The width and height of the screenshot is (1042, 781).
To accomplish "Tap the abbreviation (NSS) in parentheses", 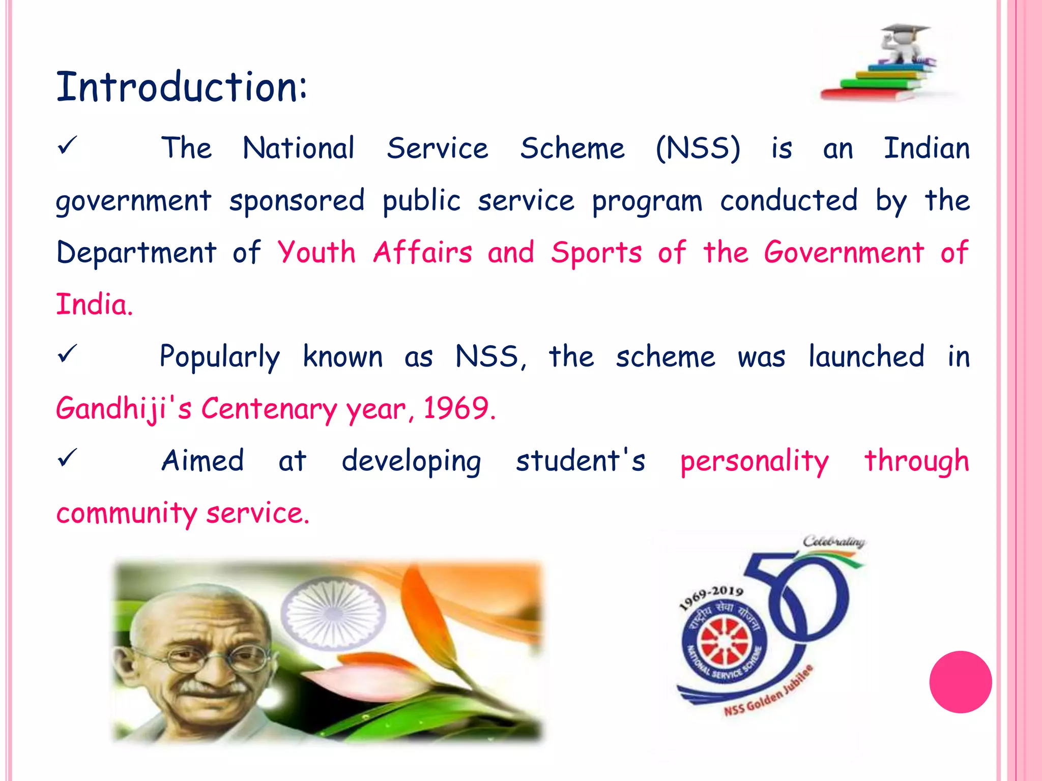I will point(698,148).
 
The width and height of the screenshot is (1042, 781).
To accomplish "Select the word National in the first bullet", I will point(298,148).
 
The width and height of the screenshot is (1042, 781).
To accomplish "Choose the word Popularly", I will point(219,357).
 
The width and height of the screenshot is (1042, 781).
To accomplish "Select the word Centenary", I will point(269,409).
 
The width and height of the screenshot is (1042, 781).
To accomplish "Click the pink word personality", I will point(755,462).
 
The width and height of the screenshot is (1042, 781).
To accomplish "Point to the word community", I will point(127,513).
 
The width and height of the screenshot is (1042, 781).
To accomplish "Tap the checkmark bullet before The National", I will point(67,146).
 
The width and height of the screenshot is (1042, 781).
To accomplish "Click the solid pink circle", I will point(960,682).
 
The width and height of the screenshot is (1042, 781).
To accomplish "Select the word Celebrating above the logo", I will point(834,542).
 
